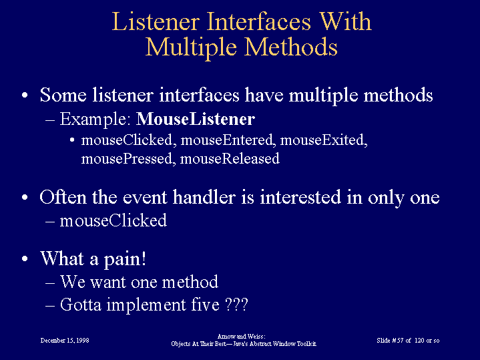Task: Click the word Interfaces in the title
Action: click(x=258, y=21)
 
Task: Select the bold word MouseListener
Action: click(x=196, y=119)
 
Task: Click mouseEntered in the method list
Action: click(x=226, y=140)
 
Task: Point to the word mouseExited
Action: click(x=324, y=140)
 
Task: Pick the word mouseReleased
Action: click(x=230, y=159)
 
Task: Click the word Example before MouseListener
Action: click(x=95, y=120)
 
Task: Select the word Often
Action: click(x=63, y=197)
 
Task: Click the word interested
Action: click(x=300, y=197)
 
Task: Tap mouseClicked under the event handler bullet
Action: click(x=113, y=220)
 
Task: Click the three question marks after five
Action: click(x=236, y=305)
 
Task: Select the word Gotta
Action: click(x=81, y=305)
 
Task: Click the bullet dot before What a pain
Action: click(x=25, y=258)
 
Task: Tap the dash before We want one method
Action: click(x=50, y=283)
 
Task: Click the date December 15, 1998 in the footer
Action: click(x=65, y=341)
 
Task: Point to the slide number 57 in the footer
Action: click(x=400, y=341)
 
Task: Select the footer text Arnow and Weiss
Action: click(x=241, y=337)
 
